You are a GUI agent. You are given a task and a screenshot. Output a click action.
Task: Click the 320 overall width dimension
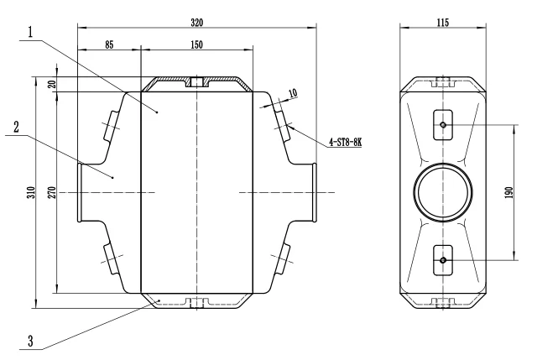click(197, 23)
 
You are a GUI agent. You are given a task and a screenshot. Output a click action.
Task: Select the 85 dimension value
click(109, 44)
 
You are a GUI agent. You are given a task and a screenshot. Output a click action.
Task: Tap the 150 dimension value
click(197, 44)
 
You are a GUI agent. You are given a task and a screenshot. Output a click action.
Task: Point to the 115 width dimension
click(443, 23)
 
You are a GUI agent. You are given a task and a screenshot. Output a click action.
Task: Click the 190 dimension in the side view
click(508, 192)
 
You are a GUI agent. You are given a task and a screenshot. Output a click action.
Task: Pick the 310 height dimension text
click(31, 192)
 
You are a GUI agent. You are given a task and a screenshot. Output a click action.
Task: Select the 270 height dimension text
click(52, 192)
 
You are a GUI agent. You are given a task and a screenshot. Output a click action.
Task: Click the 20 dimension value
click(52, 84)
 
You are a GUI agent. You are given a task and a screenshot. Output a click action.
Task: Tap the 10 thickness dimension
click(293, 93)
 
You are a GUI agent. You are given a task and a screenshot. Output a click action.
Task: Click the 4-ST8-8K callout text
click(345, 143)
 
